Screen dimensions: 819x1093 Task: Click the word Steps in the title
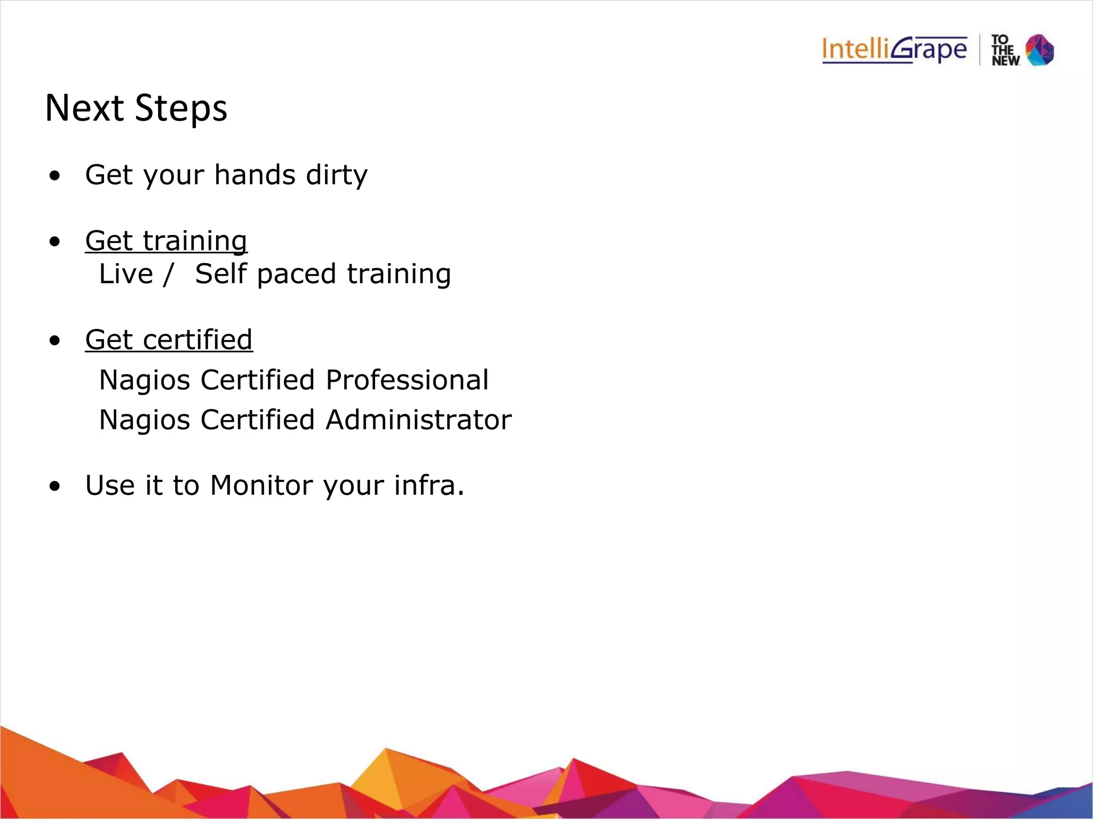tap(181, 109)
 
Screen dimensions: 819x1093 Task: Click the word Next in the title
tap(85, 108)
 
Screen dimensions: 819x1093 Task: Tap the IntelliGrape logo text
tap(894, 50)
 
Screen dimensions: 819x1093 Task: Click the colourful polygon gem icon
tap(1040, 50)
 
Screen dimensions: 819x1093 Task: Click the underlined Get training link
tap(166, 240)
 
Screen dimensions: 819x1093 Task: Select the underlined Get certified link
tap(169, 340)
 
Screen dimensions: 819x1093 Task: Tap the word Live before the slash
tap(126, 274)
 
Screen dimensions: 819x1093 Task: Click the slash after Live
tap(169, 274)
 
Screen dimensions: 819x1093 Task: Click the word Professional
tap(407, 380)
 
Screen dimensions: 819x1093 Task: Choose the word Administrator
tap(418, 420)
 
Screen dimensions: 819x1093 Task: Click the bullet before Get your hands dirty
tap(54, 176)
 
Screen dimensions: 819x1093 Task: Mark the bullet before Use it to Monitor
tap(54, 487)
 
